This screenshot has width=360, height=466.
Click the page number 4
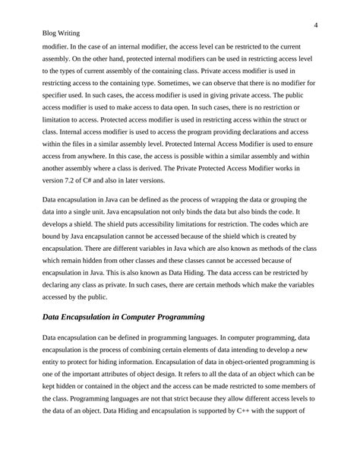tap(314, 26)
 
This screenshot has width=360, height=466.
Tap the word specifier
tap(58, 95)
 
